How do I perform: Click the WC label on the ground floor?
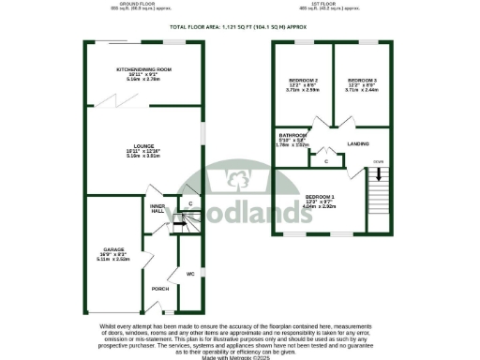(x=188, y=275)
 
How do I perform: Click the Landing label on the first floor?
(x=357, y=143)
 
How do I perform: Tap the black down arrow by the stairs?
(x=378, y=172)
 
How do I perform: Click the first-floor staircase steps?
(x=378, y=197)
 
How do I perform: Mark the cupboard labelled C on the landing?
(x=325, y=161)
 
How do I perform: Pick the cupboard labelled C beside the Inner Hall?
(x=190, y=203)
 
